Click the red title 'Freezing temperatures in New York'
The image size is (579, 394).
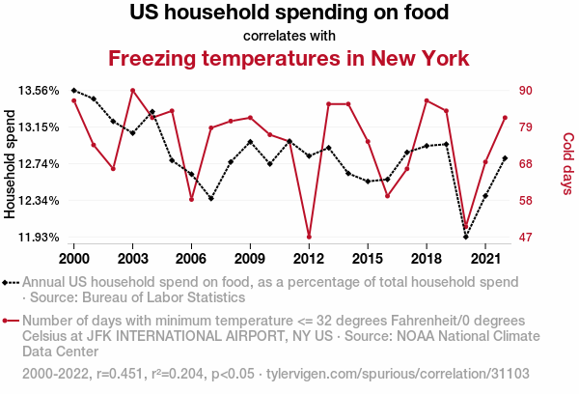tap(289, 58)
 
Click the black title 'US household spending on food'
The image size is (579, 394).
tap(289, 14)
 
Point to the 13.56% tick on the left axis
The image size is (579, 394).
tap(39, 91)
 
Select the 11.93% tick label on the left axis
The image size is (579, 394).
tap(39, 238)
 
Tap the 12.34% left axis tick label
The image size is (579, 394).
tap(39, 201)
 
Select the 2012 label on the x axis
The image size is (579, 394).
tap(308, 259)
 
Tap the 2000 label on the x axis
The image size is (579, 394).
tap(74, 259)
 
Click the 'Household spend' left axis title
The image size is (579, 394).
tap(12, 164)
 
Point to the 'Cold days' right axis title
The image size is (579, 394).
tap(567, 164)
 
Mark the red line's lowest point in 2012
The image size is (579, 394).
tap(309, 237)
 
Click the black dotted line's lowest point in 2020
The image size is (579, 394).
tap(465, 237)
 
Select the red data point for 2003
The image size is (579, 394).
tap(132, 91)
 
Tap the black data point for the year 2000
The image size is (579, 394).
tap(74, 90)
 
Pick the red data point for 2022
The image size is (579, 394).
tap(504, 118)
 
